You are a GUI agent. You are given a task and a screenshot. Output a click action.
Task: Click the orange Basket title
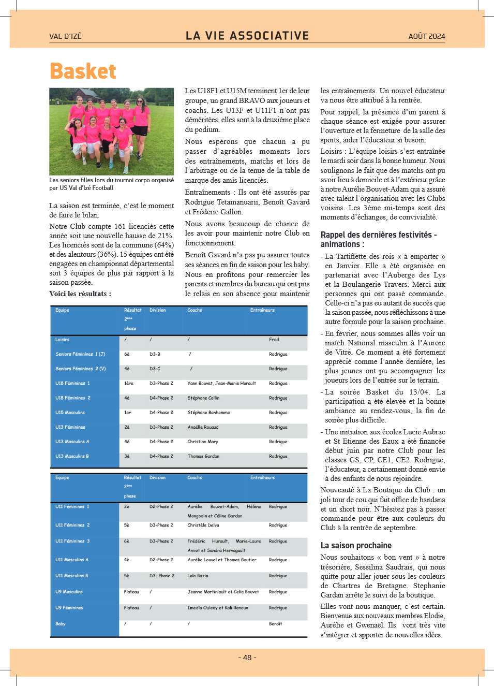[x=83, y=71]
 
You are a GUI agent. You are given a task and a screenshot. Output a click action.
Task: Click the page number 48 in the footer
[x=247, y=658]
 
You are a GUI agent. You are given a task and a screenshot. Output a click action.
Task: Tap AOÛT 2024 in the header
[x=426, y=36]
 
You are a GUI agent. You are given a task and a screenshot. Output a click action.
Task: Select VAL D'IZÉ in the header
[x=65, y=36]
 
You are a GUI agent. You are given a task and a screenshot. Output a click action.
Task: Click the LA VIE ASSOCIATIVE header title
[x=247, y=36]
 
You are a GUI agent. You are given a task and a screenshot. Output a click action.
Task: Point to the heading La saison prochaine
[x=356, y=545]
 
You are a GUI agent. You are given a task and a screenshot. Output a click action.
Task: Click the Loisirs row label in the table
[x=63, y=340]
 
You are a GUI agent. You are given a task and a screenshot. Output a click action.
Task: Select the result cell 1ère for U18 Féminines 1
[x=129, y=383]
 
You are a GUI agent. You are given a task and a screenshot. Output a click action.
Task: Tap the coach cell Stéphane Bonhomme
[x=208, y=413]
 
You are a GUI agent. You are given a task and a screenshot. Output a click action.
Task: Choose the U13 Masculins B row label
[x=72, y=456]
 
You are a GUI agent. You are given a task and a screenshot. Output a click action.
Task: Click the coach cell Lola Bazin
[x=198, y=576]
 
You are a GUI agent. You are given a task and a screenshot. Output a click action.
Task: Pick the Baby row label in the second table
[x=61, y=624]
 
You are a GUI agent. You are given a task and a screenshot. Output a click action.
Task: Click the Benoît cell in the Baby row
[x=275, y=624]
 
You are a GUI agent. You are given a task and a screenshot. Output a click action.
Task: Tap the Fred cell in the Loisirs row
[x=274, y=340]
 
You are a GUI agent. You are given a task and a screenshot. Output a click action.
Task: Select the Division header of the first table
[x=158, y=310]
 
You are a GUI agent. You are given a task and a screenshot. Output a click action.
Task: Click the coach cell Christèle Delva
[x=203, y=525]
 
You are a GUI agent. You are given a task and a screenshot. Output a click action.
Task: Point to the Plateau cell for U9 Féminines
[x=131, y=608]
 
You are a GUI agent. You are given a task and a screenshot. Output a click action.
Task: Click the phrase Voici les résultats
[x=80, y=294]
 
